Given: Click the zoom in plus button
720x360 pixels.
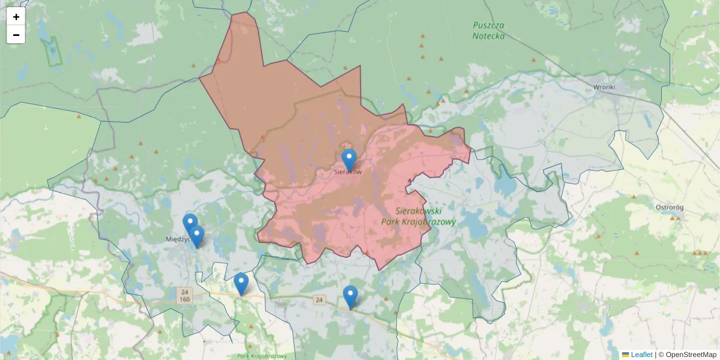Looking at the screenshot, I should [x=16, y=17].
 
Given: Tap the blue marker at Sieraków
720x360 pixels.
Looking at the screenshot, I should [x=349, y=160].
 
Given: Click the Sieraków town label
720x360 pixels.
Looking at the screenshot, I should [x=349, y=172].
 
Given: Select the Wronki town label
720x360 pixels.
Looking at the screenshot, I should [x=604, y=87].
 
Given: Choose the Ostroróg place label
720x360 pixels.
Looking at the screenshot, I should [x=670, y=208].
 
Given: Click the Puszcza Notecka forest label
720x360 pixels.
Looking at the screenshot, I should [x=488, y=31].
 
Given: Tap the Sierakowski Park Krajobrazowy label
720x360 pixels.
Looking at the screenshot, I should [x=419, y=216].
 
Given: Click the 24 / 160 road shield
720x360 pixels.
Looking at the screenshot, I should [x=184, y=295].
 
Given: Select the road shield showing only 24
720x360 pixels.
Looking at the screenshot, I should [x=319, y=300].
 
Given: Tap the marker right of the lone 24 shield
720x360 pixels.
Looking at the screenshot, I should [x=350, y=296].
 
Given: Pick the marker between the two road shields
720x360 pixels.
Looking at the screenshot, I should [x=241, y=283].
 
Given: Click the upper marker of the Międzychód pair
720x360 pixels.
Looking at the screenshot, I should [x=190, y=224].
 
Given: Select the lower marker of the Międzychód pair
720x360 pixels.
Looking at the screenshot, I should [x=197, y=236].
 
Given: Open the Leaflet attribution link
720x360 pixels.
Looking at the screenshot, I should [x=641, y=355].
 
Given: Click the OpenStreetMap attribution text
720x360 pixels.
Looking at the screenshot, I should [x=691, y=355].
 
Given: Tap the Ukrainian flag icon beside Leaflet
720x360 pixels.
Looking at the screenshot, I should [x=626, y=355].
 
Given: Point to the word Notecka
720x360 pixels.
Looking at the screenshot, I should [x=488, y=36].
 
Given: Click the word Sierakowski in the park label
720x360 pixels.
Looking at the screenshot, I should [x=419, y=211].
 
